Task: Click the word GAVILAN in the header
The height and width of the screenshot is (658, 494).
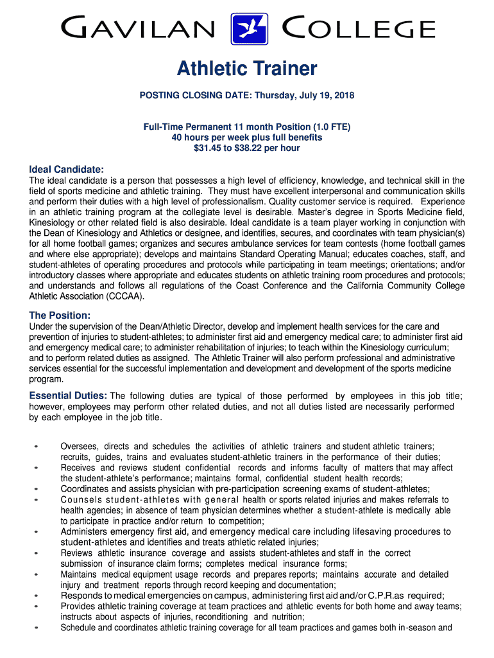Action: pos(138,29)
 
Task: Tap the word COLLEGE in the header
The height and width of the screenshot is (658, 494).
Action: pos(358,29)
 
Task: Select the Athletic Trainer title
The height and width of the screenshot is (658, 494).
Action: pos(247,68)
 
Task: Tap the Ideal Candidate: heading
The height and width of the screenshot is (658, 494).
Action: pos(67,169)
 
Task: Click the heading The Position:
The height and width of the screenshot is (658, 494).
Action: pos(60,315)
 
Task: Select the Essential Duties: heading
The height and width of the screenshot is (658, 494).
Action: pos(68,395)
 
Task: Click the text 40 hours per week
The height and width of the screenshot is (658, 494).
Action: pos(206,138)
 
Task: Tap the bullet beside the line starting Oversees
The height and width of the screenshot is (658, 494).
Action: pos(37,446)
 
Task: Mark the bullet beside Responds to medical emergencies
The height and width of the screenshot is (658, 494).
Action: pos(37,595)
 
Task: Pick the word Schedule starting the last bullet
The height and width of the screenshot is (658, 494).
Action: pos(77,627)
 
